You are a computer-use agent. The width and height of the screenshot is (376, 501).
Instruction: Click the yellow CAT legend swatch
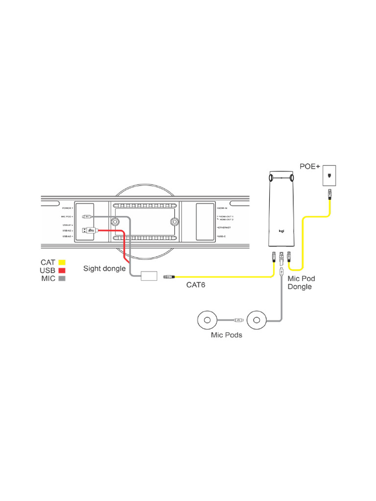click(62, 262)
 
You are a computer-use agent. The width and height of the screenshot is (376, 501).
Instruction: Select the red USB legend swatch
click(62, 270)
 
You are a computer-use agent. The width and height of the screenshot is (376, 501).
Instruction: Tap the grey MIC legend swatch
click(62, 278)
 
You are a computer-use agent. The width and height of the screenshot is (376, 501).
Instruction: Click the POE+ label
click(310, 167)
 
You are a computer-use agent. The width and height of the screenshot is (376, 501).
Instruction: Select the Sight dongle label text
click(104, 268)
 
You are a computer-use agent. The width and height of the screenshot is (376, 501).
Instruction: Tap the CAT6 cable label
click(195, 285)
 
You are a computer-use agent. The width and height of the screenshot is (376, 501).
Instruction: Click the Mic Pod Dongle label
click(301, 282)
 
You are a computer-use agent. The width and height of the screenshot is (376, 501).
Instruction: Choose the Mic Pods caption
click(227, 335)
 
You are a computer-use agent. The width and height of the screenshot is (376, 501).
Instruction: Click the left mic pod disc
click(207, 320)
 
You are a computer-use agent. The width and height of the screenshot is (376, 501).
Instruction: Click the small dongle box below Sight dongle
click(147, 275)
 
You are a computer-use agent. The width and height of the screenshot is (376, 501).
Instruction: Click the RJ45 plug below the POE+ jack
click(330, 194)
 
